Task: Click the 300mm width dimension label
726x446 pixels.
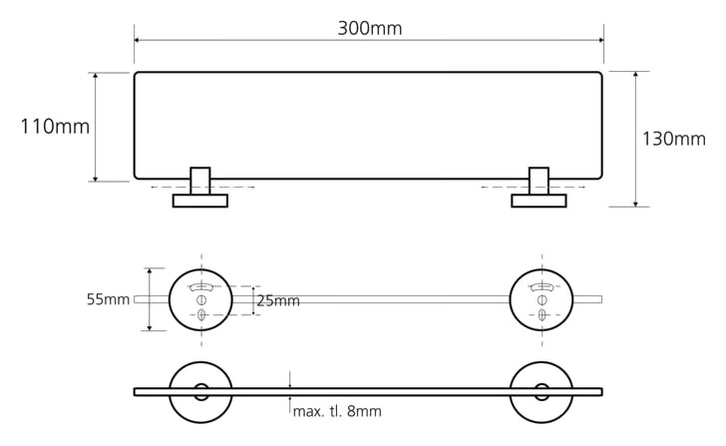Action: [369, 29]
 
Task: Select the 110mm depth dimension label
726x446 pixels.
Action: [55, 127]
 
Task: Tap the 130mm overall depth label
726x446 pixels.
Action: [674, 139]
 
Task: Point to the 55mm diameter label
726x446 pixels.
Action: [108, 299]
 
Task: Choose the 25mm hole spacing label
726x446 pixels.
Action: [278, 301]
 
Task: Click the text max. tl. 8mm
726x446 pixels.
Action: [337, 411]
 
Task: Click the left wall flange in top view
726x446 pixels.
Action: [200, 201]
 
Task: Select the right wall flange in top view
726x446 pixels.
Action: [539, 201]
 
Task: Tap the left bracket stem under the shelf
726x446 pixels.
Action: [200, 181]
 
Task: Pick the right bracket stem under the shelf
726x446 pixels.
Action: [539, 181]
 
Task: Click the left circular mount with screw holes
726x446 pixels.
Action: [170, 299]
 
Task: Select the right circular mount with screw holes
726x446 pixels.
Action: [511, 299]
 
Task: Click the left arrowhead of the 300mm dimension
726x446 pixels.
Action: [137, 40]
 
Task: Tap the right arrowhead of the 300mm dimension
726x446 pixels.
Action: [601, 40]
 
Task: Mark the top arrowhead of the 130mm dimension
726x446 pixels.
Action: [635, 74]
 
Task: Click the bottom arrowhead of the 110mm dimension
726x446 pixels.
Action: [96, 179]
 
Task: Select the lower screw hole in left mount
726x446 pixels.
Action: [201, 315]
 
